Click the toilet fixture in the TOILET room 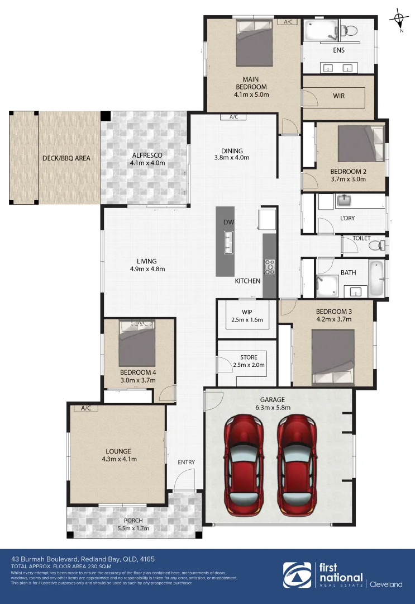380,245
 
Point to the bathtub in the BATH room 376,279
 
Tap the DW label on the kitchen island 228,223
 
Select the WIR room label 338,96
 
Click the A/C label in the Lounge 85,408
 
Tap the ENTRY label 186,462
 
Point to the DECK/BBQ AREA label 66,158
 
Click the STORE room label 249,357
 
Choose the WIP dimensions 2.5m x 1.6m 247,320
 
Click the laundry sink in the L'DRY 344,200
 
